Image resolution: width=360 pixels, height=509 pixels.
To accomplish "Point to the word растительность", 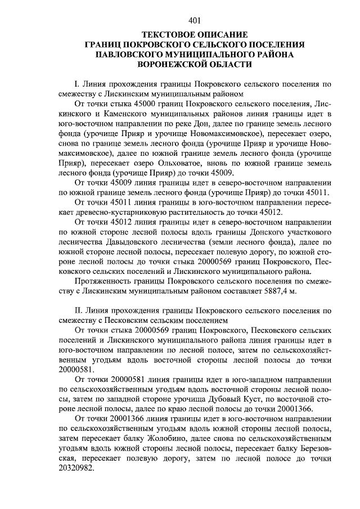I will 183,211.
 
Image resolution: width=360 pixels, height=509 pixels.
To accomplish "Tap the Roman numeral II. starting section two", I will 79,309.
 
